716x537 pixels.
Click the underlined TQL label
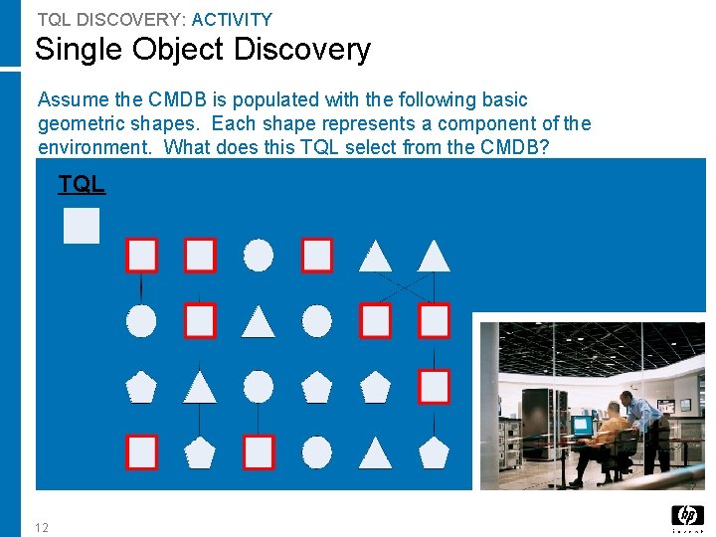pyautogui.click(x=82, y=184)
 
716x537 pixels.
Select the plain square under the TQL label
pyautogui.click(x=82, y=226)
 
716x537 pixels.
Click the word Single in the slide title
pyautogui.click(x=77, y=49)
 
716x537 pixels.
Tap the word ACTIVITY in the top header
pyautogui.click(x=232, y=19)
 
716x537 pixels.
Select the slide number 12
pyautogui.click(x=41, y=526)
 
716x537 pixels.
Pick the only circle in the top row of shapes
pyautogui.click(x=259, y=256)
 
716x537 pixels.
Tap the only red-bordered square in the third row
pyautogui.click(x=434, y=386)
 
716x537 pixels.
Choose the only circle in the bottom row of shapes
pyautogui.click(x=317, y=452)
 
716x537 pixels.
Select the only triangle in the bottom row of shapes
pyautogui.click(x=375, y=453)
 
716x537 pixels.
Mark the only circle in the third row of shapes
pyautogui.click(x=259, y=386)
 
